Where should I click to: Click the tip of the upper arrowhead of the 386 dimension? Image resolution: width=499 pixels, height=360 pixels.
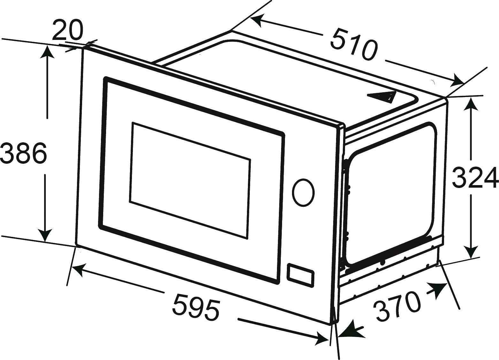tap(47, 45)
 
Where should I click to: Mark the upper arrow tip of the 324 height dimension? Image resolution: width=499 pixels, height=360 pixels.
tap(471, 98)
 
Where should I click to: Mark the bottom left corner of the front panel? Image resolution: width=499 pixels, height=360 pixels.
tap(76, 246)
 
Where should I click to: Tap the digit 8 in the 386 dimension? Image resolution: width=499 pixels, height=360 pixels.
tap(24, 154)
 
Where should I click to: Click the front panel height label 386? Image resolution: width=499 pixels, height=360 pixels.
tap(24, 154)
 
